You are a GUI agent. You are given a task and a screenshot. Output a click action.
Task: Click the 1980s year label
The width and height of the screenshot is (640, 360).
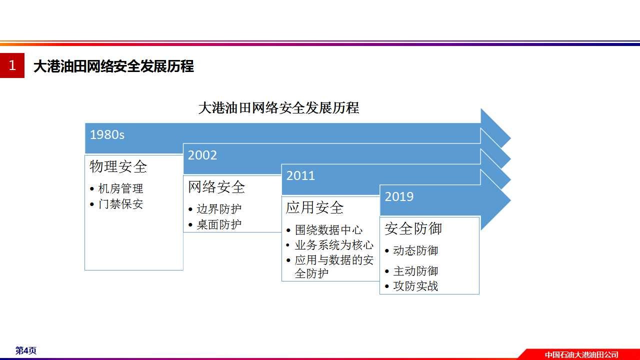pos(107,135)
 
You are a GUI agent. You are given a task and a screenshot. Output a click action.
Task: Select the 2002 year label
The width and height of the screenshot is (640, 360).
pos(202,155)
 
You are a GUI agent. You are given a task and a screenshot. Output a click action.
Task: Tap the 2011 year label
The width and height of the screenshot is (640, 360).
pos(300,175)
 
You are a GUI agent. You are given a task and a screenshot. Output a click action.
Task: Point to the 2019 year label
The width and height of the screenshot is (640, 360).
pos(399,196)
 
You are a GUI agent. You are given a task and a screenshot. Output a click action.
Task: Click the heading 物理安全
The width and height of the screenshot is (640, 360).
pos(118,166)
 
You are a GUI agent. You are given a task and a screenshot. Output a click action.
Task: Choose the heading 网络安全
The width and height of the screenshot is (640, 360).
pos(216,187)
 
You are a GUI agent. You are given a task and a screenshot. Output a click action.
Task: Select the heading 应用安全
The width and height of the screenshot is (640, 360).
pos(314,207)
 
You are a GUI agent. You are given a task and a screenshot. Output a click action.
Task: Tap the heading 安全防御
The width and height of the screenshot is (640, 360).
pos(413,228)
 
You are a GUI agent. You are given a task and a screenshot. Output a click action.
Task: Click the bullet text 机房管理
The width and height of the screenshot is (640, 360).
pos(120,188)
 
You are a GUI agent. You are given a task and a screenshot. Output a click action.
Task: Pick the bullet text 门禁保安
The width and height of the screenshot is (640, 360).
pos(120,204)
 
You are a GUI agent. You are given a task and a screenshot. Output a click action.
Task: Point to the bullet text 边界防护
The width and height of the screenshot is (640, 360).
pos(219,209)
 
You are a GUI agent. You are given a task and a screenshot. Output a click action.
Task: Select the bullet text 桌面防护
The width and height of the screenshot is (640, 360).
pos(219,224)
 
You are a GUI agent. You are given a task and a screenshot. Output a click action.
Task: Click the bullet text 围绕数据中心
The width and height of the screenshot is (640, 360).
pos(328,230)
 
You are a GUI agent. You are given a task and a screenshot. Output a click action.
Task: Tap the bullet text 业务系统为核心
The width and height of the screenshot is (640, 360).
pos(334,245)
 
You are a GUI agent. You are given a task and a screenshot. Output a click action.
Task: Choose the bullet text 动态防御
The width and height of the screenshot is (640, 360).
pos(415,250)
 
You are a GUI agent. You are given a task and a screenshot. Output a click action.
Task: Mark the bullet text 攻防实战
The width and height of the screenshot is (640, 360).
pos(415,286)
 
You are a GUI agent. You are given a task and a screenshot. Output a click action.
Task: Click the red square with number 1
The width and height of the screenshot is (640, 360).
pos(12,65)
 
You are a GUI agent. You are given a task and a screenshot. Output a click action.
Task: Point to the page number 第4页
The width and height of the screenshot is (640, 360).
pos(25,350)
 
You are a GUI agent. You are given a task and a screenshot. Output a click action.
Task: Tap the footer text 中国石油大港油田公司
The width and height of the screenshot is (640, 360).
pos(581,354)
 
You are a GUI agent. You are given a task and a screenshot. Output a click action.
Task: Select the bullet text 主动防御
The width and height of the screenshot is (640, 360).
pos(415,271)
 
